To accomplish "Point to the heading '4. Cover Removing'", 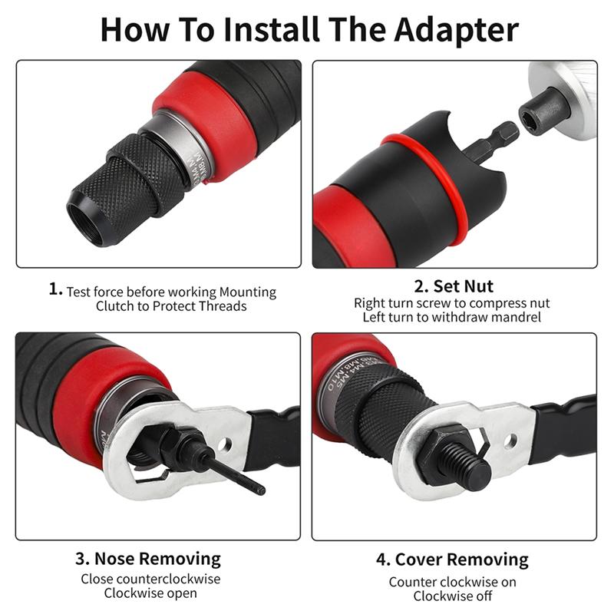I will point(452,560).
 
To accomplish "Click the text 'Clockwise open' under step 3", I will point(151,593).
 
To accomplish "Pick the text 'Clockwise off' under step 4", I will point(452,596).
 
